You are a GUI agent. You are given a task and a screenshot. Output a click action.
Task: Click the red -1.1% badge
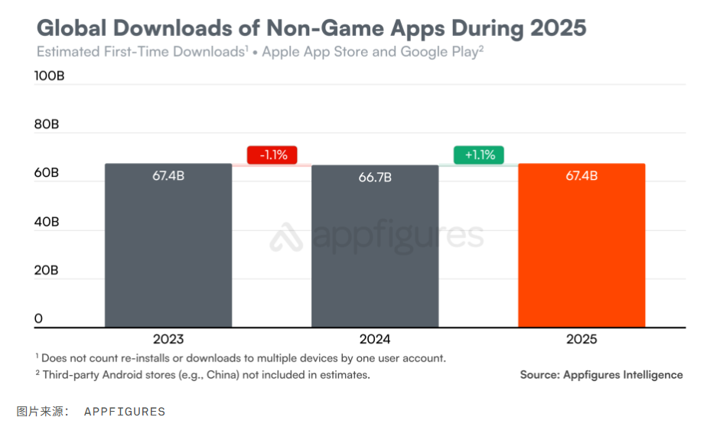(272, 155)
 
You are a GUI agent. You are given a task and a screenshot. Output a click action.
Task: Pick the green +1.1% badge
(479, 155)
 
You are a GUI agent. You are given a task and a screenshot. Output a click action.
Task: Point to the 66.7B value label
(375, 178)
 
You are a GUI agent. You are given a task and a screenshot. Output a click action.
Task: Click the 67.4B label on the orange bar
(582, 176)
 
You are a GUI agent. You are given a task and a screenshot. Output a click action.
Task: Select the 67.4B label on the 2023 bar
(168, 176)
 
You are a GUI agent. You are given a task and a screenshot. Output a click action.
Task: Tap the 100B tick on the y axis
(50, 76)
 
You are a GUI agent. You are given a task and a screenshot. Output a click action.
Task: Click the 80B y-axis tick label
(47, 125)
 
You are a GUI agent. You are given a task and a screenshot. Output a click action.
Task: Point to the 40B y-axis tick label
(47, 222)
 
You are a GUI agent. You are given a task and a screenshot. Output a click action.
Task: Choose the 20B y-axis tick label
(47, 270)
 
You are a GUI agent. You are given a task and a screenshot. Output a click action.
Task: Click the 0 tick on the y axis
(38, 318)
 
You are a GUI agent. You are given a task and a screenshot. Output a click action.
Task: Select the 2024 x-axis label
(375, 339)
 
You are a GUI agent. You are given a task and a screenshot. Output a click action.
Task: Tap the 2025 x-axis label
(582, 339)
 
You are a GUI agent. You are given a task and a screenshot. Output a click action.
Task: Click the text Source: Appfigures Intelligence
(601, 375)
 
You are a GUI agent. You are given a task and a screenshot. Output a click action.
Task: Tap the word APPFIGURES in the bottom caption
(124, 412)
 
